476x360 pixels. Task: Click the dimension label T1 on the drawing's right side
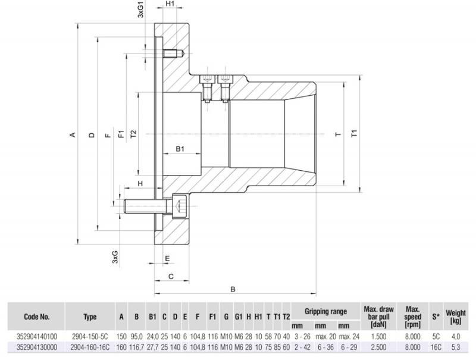[355, 134]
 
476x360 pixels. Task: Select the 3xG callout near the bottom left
[115, 257]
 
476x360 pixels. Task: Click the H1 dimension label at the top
[170, 4]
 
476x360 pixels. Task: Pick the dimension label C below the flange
[171, 276]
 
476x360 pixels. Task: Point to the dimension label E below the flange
[168, 258]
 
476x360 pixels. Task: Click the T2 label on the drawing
[133, 135]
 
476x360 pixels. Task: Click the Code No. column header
[37, 317]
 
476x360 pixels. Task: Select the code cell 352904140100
[37, 336]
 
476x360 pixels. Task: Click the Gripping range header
[325, 311]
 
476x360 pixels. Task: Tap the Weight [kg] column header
[456, 317]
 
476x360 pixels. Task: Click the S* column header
[434, 317]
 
